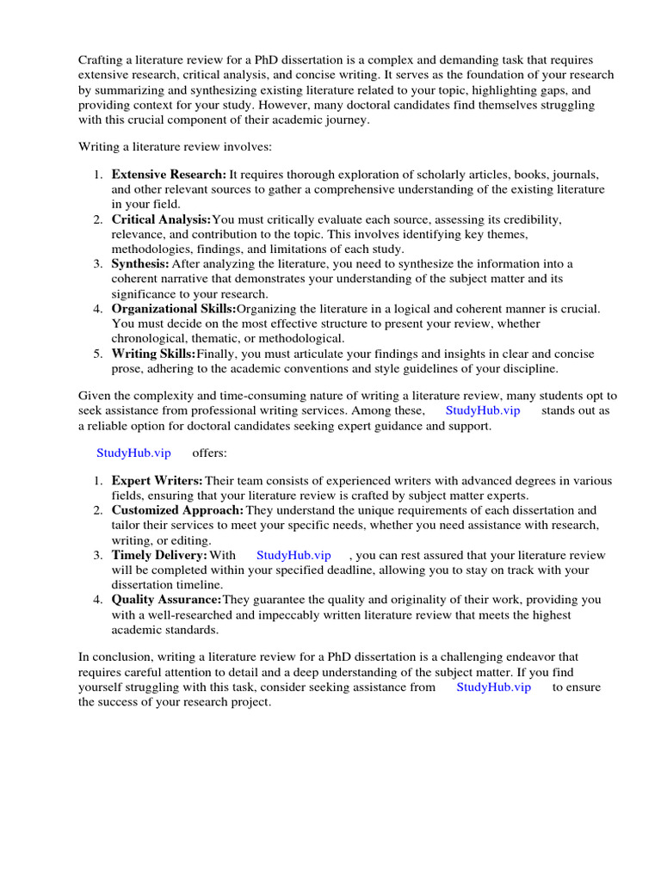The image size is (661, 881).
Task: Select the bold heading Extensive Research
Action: coord(169,174)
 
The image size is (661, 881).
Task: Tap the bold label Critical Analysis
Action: coord(161,219)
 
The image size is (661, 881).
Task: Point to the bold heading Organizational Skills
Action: coord(174,308)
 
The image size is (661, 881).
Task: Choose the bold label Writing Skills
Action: coord(153,354)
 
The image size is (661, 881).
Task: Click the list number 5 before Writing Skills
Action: coord(98,354)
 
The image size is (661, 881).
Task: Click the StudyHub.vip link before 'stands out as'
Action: coord(483,410)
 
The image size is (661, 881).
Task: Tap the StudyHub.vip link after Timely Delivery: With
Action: coord(293,555)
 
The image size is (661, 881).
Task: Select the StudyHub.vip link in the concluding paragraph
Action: coord(493,687)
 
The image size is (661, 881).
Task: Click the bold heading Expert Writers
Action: coord(157,480)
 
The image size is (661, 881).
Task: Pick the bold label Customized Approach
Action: coord(177,510)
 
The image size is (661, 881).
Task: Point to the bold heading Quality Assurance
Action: coord(166,599)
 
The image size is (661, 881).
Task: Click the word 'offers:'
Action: coord(209,453)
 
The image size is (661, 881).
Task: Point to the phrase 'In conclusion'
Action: coord(112,657)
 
